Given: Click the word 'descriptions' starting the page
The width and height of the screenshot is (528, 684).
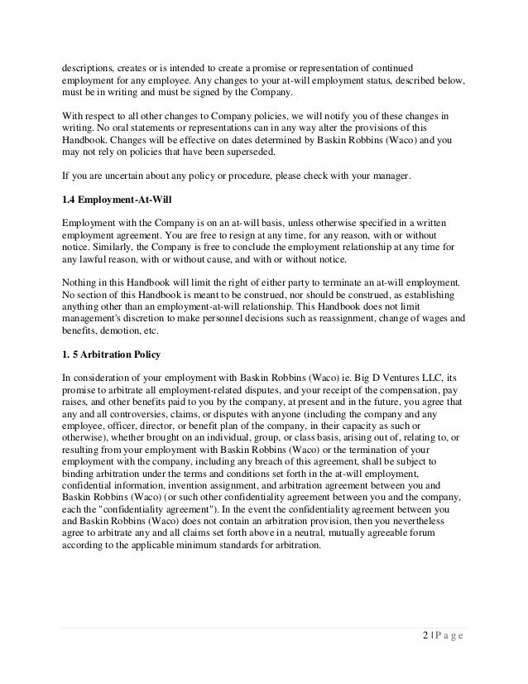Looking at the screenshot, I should (91, 66).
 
